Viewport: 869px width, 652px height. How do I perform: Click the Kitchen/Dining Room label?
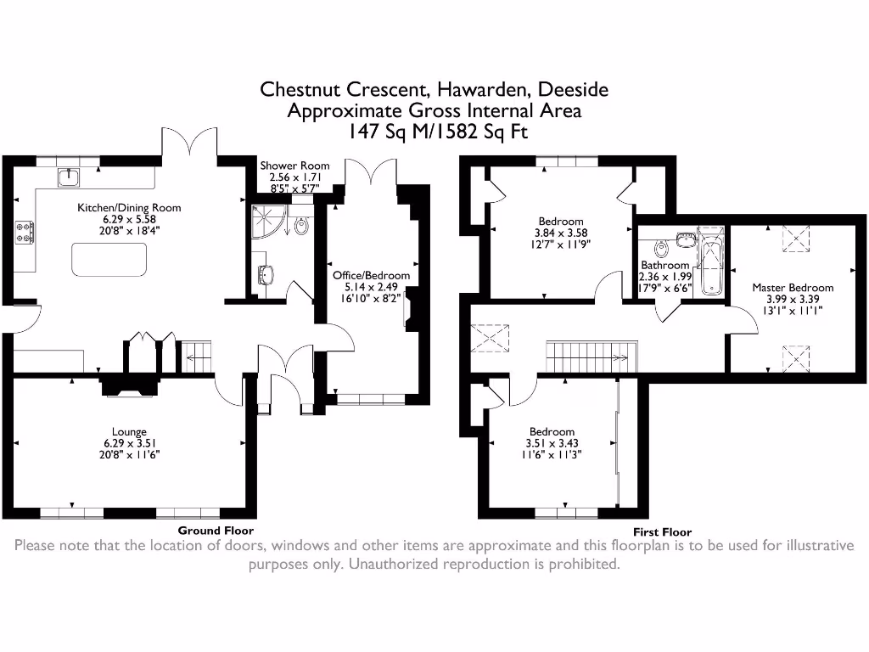(x=129, y=207)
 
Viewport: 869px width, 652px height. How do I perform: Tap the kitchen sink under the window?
(x=68, y=177)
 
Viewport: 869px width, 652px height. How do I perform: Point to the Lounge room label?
(x=129, y=431)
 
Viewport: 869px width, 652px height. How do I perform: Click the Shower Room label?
(x=294, y=166)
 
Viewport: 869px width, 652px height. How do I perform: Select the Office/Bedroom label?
(x=371, y=275)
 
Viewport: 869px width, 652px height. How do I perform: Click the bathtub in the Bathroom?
(x=709, y=261)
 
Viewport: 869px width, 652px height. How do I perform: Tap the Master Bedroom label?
(x=793, y=288)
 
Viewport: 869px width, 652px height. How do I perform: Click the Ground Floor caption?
(x=215, y=530)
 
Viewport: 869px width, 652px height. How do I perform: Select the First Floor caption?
(x=662, y=532)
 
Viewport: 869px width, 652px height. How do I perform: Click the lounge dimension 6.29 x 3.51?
(x=129, y=443)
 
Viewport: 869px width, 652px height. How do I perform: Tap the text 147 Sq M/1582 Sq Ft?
(x=434, y=132)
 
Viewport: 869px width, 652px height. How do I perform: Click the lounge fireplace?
(x=129, y=386)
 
